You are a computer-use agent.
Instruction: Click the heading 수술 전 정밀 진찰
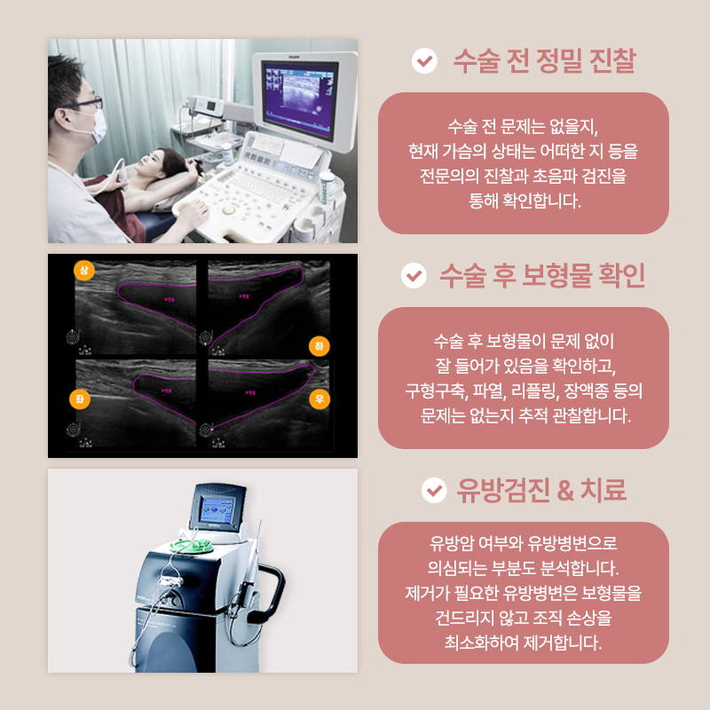[x=543, y=61]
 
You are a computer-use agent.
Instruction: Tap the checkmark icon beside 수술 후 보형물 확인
[x=414, y=276]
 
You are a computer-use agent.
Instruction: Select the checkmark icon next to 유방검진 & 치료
[x=433, y=490]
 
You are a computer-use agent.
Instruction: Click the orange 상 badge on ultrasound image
[x=84, y=269]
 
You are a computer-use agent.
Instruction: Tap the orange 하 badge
[x=319, y=345]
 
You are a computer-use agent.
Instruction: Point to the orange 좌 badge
[x=81, y=400]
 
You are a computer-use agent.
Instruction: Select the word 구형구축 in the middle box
[x=436, y=390]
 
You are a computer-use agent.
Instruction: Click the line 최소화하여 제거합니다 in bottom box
[x=523, y=641]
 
